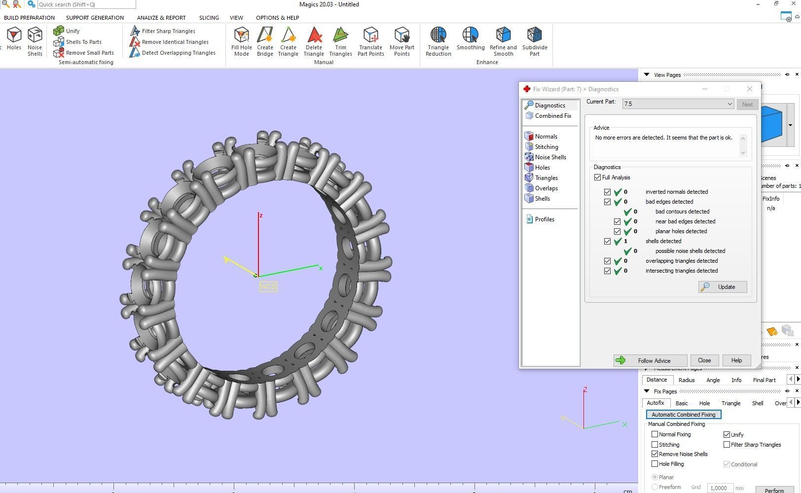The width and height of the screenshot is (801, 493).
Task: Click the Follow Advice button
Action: pos(650,360)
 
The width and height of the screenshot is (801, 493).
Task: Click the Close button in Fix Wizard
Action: pos(704,360)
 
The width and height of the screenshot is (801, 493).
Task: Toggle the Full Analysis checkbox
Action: pos(598,177)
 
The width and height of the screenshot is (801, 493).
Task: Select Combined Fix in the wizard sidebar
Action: pos(552,116)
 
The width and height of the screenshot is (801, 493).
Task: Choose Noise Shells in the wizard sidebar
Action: pos(550,157)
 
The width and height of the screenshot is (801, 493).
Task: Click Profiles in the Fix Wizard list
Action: pos(544,219)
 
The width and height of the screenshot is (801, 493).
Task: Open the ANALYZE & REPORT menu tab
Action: pos(161,18)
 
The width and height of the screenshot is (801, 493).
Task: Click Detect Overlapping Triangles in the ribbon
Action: pos(178,53)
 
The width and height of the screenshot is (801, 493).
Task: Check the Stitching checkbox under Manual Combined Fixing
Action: pos(655,445)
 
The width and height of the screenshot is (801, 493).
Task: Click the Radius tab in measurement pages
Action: pos(686,380)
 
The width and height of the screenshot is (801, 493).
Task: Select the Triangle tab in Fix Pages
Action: pos(730,403)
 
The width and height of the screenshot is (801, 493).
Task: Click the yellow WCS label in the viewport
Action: pos(268,286)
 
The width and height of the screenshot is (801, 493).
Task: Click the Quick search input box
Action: pos(86,4)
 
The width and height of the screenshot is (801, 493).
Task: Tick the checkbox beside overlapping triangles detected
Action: pos(608,261)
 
